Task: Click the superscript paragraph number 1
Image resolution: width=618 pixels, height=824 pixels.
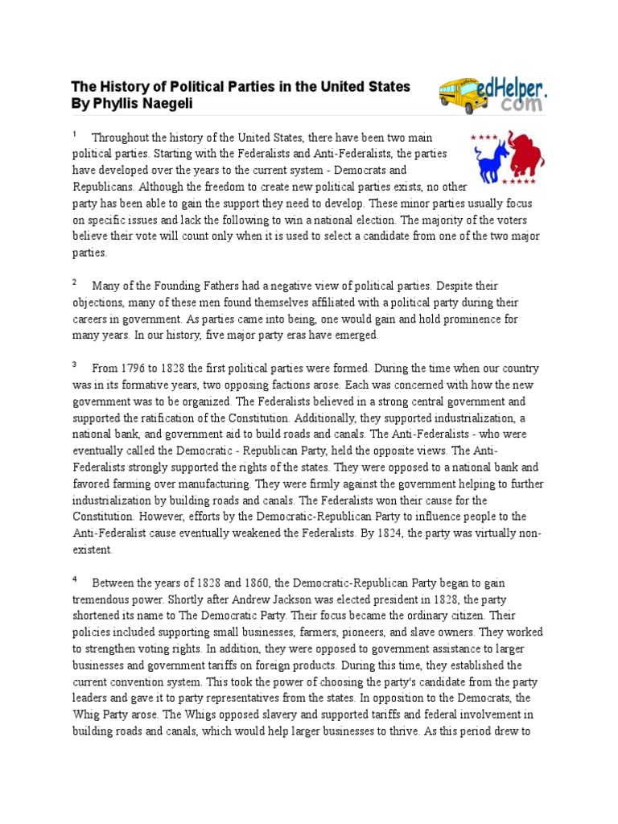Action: pos(75,134)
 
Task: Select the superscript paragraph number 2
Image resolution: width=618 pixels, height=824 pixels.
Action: pos(75,282)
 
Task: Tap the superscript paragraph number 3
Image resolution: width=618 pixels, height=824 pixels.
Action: pos(75,364)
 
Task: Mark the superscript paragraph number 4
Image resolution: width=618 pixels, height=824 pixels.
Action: pos(75,578)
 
